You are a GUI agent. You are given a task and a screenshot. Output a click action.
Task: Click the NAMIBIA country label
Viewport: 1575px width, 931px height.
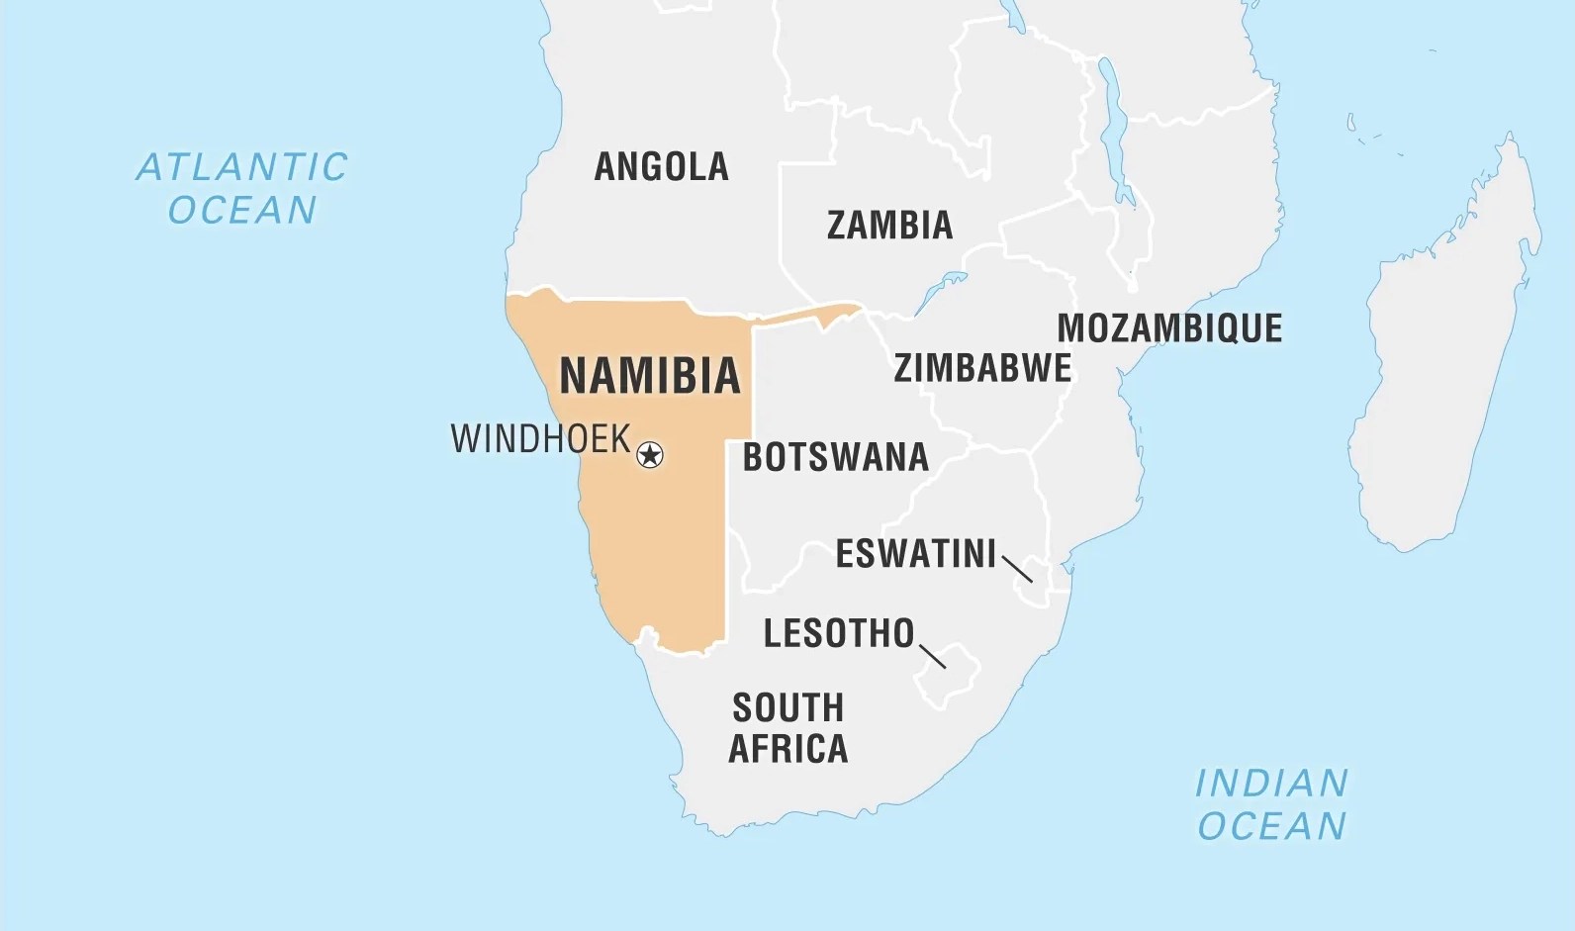pyautogui.click(x=650, y=376)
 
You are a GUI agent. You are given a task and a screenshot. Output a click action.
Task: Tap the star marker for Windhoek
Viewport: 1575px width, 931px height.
pyautogui.click(x=649, y=455)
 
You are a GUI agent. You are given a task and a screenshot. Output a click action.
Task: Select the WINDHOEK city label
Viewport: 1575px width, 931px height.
pyautogui.click(x=540, y=438)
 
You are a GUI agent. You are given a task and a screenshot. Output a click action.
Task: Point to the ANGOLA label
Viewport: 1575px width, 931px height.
pyautogui.click(x=661, y=166)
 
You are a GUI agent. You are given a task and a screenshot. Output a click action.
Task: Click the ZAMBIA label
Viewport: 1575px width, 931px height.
pyautogui.click(x=889, y=226)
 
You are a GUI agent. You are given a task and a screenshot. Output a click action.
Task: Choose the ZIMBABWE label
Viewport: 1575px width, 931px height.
pyautogui.click(x=982, y=368)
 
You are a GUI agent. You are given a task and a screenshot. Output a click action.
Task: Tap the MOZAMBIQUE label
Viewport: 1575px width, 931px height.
pyautogui.click(x=1169, y=328)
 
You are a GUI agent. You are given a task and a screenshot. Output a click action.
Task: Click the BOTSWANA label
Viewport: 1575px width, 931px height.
pyautogui.click(x=835, y=457)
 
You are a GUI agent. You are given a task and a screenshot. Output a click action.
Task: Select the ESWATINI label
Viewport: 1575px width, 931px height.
pyautogui.click(x=915, y=554)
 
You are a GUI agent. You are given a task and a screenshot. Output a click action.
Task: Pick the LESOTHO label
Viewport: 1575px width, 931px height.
pyautogui.click(x=839, y=633)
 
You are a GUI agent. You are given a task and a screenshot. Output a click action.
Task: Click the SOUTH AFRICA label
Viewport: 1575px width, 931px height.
pyautogui.click(x=788, y=728)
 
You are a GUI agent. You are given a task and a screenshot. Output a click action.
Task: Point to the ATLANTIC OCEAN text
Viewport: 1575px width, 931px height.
pyautogui.click(x=242, y=188)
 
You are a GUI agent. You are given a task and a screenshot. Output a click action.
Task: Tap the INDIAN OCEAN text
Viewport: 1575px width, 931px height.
pyautogui.click(x=1271, y=804)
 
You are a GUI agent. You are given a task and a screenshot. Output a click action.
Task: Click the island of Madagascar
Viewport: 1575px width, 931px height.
pyautogui.click(x=1444, y=366)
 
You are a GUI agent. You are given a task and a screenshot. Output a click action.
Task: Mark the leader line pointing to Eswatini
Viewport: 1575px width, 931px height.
pyautogui.click(x=1017, y=569)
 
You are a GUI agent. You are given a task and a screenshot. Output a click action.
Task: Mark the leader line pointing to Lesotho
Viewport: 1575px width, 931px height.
pyautogui.click(x=932, y=656)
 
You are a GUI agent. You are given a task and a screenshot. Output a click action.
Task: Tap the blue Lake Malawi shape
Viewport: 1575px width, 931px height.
pyautogui.click(x=1115, y=129)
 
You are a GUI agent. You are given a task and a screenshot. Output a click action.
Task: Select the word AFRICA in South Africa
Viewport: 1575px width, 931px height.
pyautogui.click(x=788, y=749)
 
